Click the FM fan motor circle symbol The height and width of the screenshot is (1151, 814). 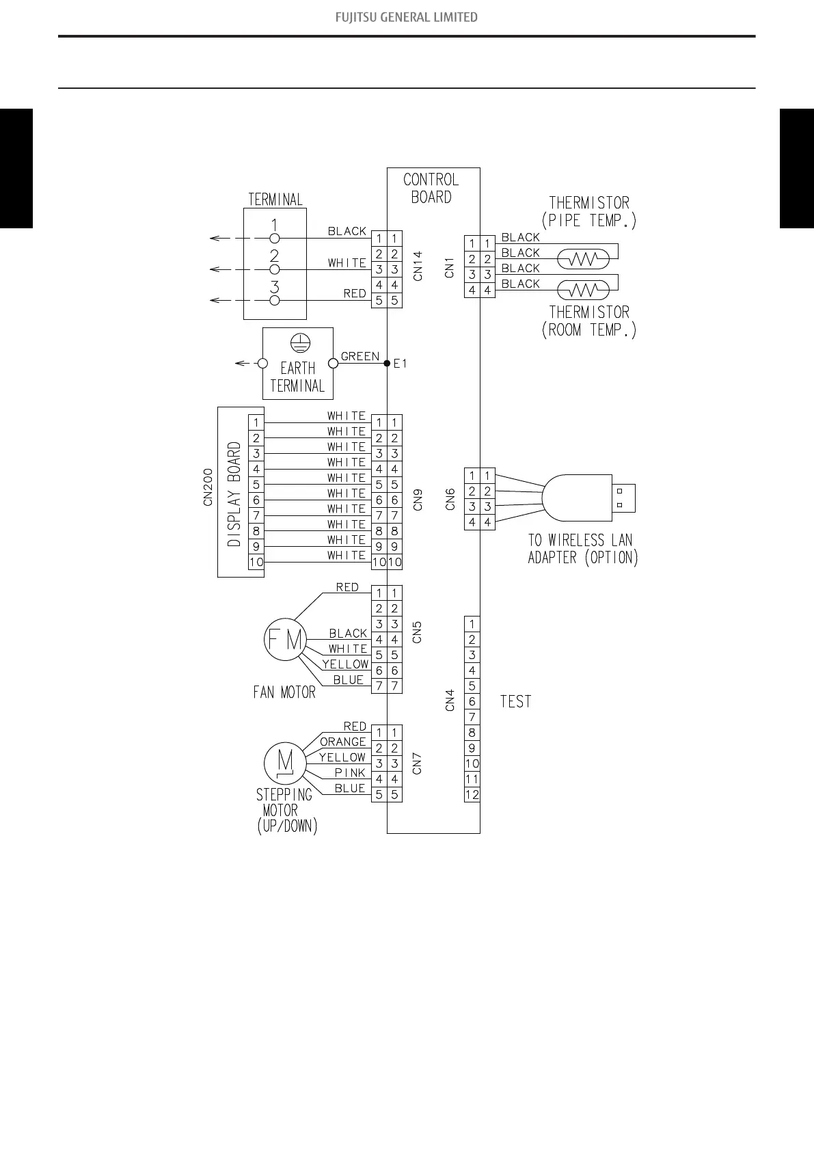(x=284, y=640)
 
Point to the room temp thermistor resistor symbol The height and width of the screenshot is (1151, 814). (x=583, y=290)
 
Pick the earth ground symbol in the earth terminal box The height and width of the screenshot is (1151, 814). (x=298, y=342)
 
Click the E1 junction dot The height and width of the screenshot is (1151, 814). (x=387, y=363)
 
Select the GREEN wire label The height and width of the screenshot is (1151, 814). (x=359, y=357)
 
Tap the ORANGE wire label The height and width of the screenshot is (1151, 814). (x=343, y=742)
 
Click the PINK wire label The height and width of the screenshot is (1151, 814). (x=350, y=773)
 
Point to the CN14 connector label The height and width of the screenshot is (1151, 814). (x=418, y=266)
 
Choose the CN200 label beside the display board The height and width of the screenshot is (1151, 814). (x=208, y=487)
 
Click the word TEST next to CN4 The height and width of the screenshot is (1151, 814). (x=515, y=702)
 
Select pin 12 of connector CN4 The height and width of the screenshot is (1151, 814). (x=472, y=794)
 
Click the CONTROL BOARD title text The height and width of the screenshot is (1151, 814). (x=431, y=188)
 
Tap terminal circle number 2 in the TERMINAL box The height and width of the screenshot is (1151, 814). (x=275, y=269)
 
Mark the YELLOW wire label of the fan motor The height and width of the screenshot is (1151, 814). (x=345, y=664)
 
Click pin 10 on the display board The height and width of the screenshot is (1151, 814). (x=256, y=562)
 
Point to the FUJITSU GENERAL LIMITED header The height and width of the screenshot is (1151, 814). (x=407, y=17)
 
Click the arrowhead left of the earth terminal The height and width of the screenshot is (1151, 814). (x=239, y=363)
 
